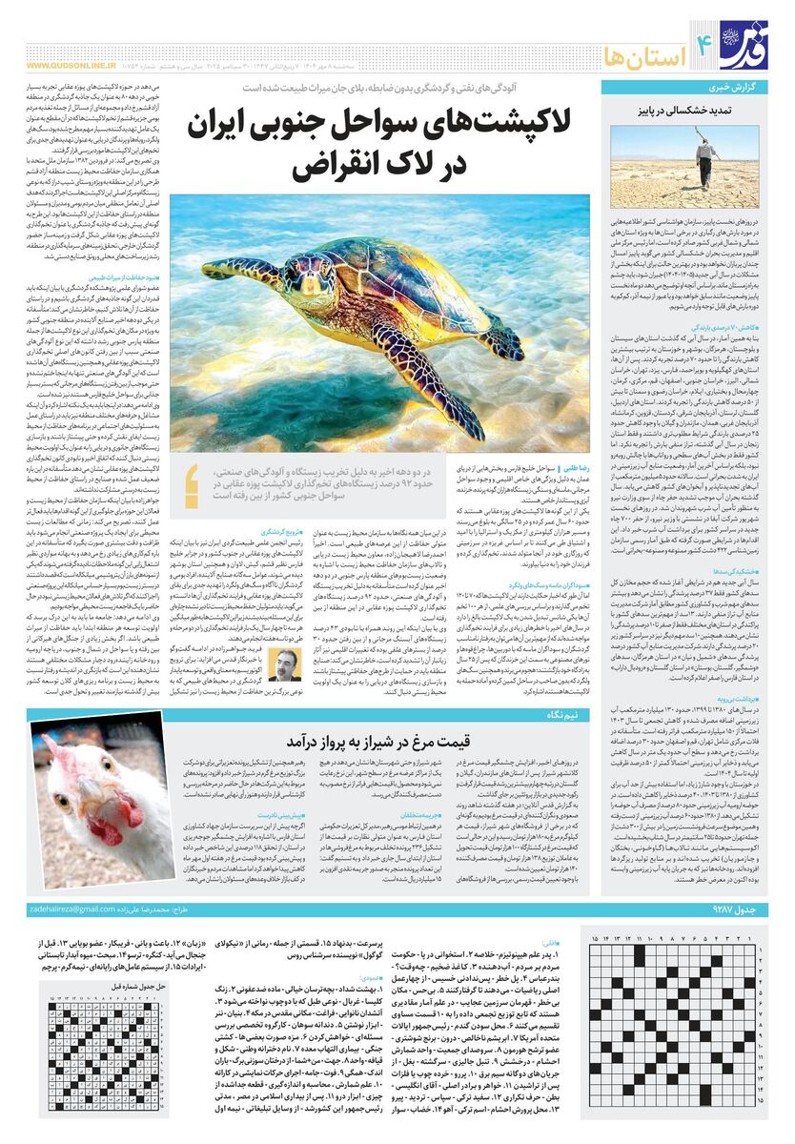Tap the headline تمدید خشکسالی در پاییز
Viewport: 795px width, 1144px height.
pyautogui.click(x=681, y=111)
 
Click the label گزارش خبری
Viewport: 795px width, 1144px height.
pyautogui.click(x=735, y=88)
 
